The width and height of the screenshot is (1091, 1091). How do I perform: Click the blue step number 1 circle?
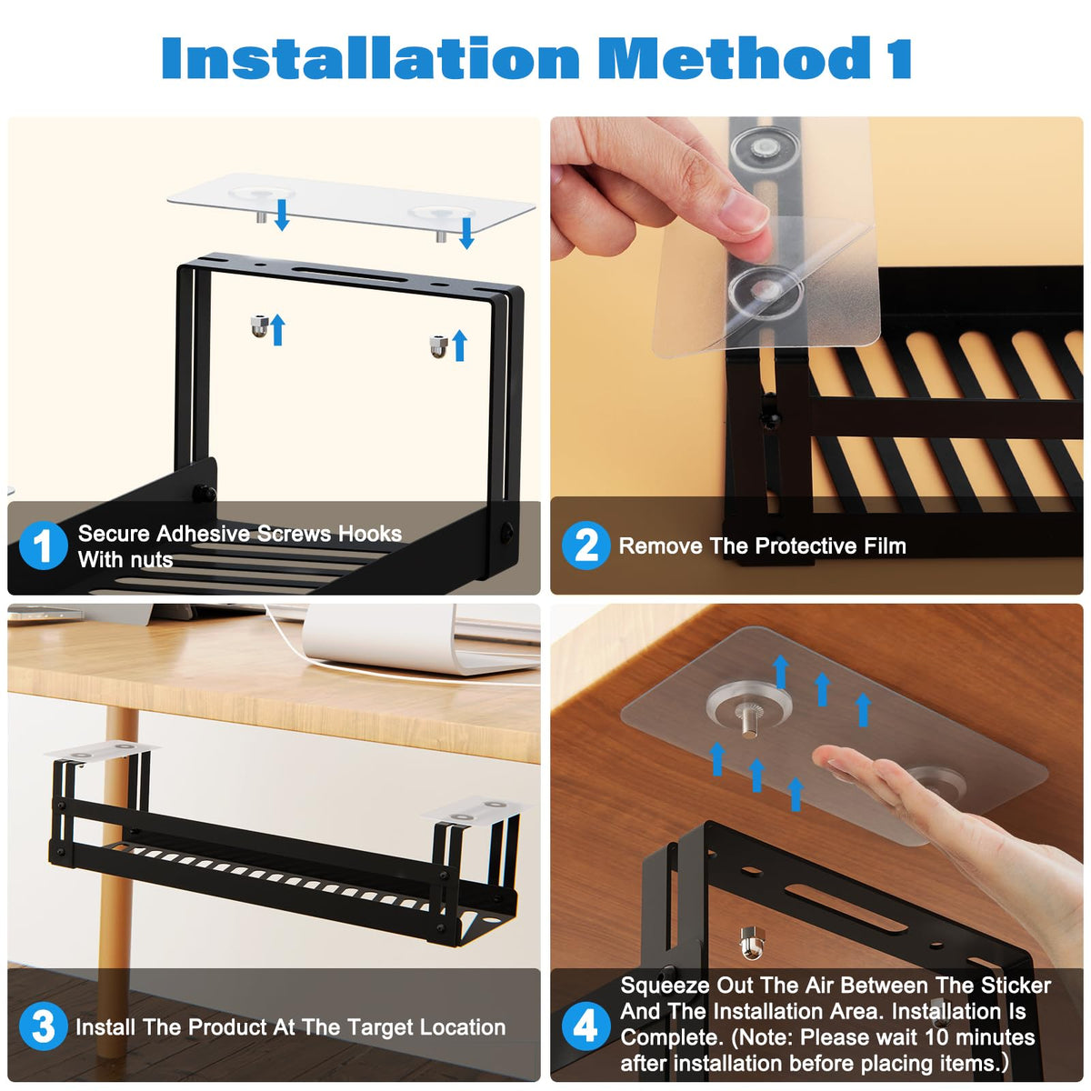[x=44, y=545]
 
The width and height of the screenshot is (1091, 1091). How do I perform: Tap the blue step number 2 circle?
[x=586, y=545]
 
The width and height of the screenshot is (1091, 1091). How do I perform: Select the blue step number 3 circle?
[x=44, y=1026]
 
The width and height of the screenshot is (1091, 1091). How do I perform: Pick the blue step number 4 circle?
[x=586, y=1026]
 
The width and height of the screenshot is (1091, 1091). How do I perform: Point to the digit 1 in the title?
[x=900, y=59]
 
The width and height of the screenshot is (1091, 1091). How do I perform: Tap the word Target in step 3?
[x=355, y=1027]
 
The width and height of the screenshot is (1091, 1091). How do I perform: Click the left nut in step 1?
[x=259, y=326]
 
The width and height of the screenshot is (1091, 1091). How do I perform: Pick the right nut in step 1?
[x=438, y=345]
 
